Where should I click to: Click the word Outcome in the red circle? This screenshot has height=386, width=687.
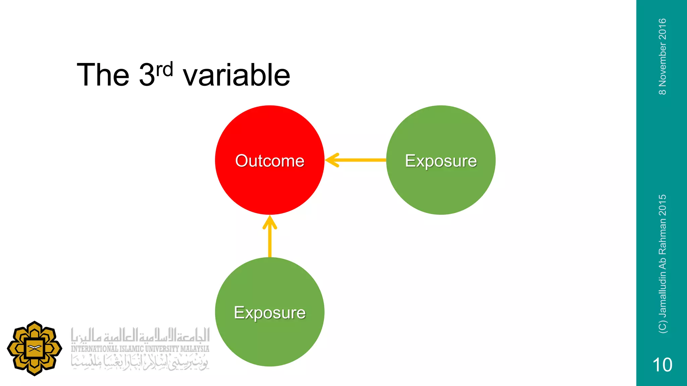click(270, 161)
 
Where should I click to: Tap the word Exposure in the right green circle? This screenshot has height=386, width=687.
click(441, 161)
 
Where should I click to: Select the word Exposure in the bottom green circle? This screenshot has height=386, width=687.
click(270, 313)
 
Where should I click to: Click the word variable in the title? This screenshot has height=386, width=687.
click(236, 75)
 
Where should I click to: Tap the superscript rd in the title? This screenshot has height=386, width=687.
click(164, 69)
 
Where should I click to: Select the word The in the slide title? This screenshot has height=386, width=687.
click(103, 75)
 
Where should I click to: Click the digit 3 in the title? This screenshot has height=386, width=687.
click(147, 75)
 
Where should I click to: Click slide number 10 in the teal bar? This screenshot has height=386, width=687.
click(662, 365)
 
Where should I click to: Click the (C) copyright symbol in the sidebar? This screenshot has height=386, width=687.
click(663, 327)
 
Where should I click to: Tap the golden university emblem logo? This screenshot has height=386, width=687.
click(34, 348)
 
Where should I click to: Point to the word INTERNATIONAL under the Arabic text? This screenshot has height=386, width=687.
click(94, 349)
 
